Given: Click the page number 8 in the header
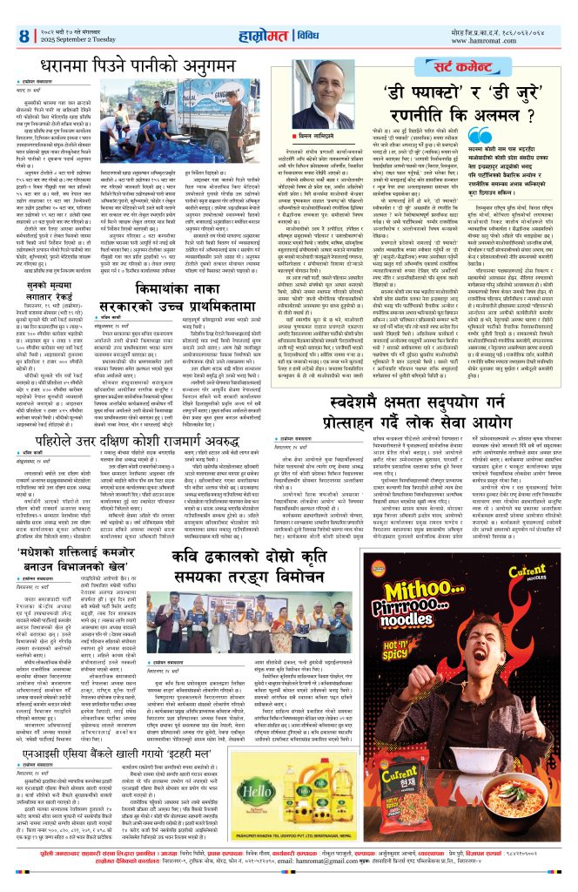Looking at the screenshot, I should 24,36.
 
